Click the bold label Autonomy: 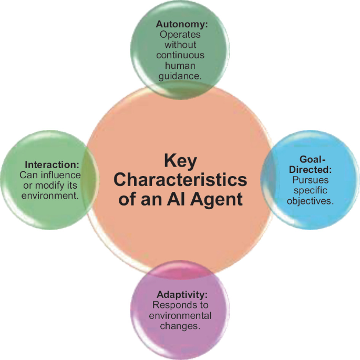[x=180, y=24]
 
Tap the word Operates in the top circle [x=180, y=35]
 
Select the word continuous [x=180, y=55]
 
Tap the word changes [x=180, y=326]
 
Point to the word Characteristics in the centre [x=180, y=180]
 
